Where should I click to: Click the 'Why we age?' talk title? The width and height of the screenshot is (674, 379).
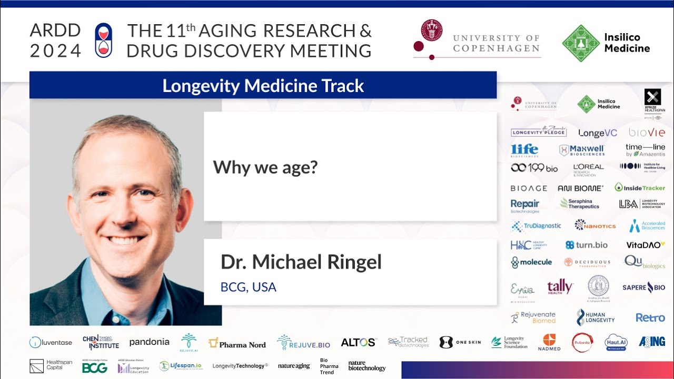click(x=265, y=167)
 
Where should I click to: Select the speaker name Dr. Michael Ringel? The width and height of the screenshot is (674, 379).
click(x=301, y=262)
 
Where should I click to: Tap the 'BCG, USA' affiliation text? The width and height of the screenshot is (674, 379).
click(x=248, y=287)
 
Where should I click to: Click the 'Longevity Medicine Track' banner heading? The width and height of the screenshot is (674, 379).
click(x=263, y=86)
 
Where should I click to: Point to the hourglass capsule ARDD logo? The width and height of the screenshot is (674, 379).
click(x=104, y=40)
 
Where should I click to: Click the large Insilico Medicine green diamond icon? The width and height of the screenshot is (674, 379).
click(x=581, y=43)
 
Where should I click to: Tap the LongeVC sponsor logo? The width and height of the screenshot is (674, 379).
click(x=598, y=133)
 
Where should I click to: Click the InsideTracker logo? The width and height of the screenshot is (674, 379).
click(x=639, y=187)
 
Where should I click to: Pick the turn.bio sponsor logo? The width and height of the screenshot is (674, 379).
click(x=586, y=245)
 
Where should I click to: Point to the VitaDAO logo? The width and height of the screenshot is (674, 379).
click(x=645, y=245)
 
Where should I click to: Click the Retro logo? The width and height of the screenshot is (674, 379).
click(x=650, y=317)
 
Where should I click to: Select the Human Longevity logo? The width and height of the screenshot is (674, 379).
click(x=595, y=317)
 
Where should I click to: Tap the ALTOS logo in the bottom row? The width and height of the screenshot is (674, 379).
click(x=359, y=342)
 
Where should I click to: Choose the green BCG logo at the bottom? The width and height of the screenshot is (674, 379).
click(x=95, y=368)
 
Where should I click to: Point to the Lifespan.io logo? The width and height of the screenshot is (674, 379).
click(x=180, y=366)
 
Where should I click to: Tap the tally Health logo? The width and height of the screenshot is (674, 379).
click(x=560, y=287)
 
